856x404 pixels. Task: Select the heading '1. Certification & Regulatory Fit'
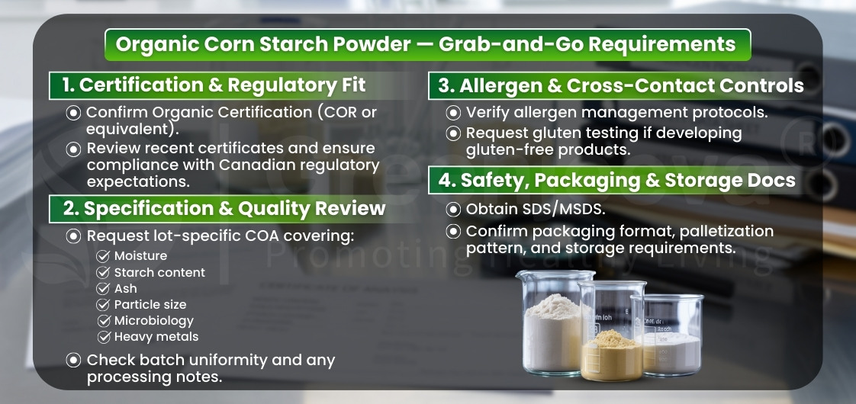222,84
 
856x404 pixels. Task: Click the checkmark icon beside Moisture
104,256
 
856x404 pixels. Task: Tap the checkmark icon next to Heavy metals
104,337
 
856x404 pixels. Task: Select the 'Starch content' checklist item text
159,272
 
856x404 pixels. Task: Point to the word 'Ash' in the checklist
126,288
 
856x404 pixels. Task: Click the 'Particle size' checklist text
150,304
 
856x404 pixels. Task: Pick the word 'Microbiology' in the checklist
154,321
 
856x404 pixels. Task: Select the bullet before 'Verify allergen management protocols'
454,113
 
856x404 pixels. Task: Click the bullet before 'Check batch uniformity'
74,360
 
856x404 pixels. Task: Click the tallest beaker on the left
554,324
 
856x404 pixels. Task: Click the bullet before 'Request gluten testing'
454,133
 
